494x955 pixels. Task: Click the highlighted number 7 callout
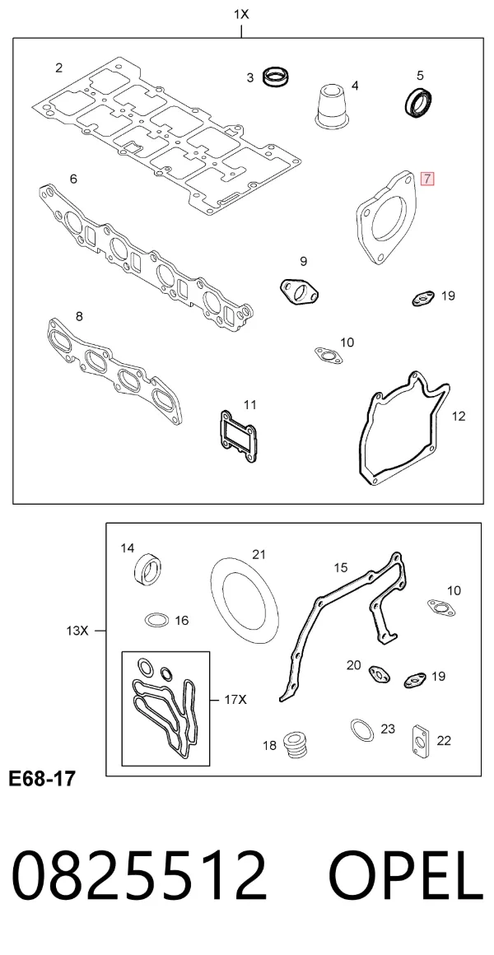pyautogui.click(x=427, y=179)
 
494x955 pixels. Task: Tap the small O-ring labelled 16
pyautogui.click(x=156, y=621)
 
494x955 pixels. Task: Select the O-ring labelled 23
pyautogui.click(x=361, y=729)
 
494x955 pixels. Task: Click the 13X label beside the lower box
pyautogui.click(x=77, y=631)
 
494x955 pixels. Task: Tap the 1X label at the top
pyautogui.click(x=242, y=14)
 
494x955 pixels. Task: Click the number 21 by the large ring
pyautogui.click(x=259, y=554)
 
